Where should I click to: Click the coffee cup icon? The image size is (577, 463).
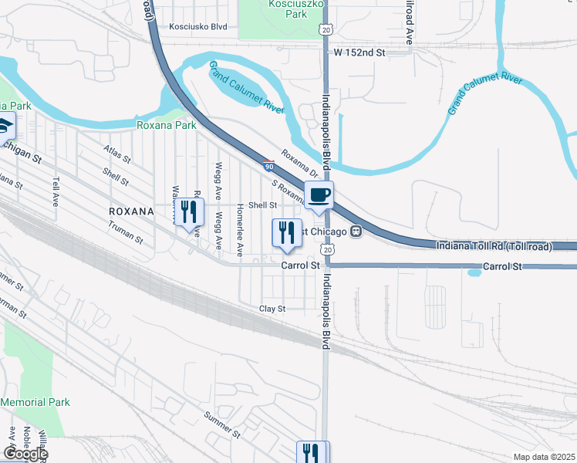pos(319,195)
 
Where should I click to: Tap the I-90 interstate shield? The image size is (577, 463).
pos(268,165)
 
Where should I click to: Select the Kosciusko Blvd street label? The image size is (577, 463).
pos(198,26)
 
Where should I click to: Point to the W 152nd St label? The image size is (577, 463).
pos(359,52)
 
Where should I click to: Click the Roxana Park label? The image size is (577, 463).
pos(167,125)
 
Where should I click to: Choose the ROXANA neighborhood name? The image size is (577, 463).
pos(132,210)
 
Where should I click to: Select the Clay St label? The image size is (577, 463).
pos(272,309)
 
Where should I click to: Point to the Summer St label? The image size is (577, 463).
pos(222,423)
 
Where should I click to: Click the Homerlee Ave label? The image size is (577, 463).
pos(241,229)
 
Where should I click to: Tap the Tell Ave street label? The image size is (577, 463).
pos(56,193)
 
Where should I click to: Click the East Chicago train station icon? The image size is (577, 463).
pos(356,231)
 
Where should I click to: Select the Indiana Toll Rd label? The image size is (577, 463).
pos(494,246)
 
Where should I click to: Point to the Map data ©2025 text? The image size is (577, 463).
pos(544,457)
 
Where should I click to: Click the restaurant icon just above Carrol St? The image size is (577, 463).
pos(287,234)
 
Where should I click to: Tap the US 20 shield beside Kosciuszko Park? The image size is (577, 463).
pos(326,29)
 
